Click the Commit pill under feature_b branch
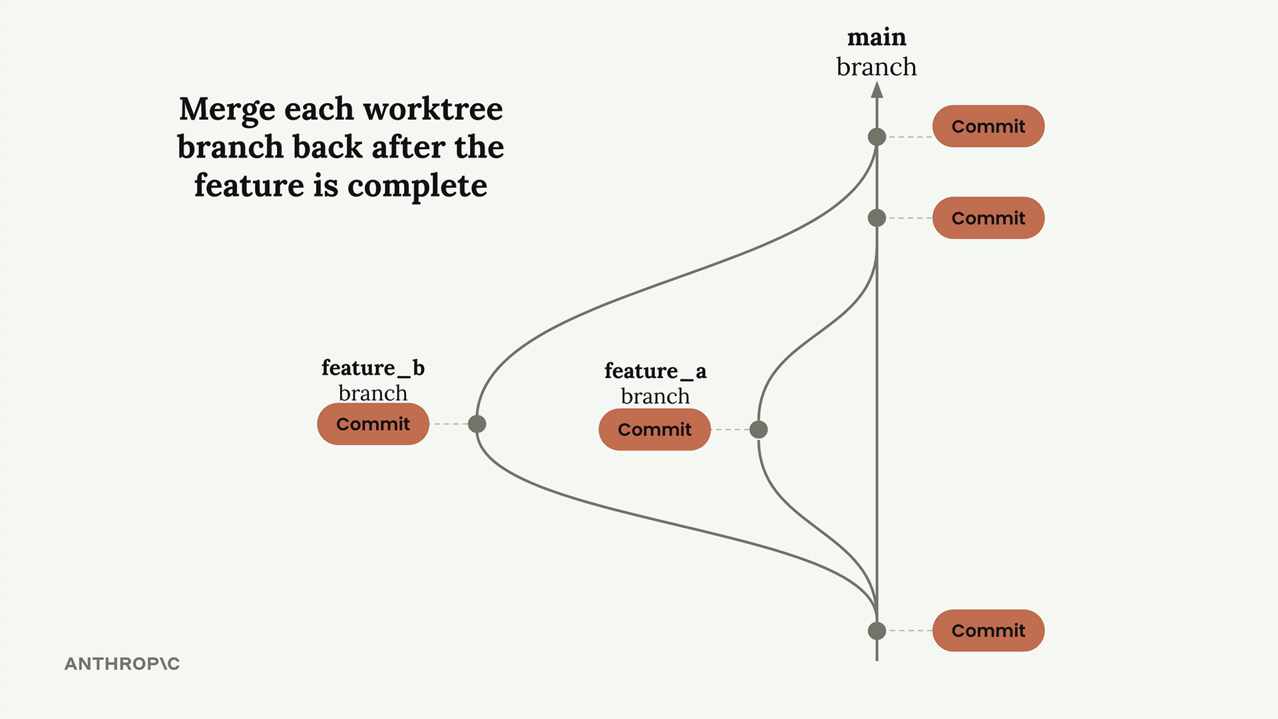(x=373, y=424)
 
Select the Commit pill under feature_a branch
(x=655, y=429)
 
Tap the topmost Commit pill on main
(x=988, y=126)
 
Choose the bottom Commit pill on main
(x=988, y=630)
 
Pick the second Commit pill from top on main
(x=988, y=218)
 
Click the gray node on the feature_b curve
(x=477, y=424)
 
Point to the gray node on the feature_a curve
(x=759, y=429)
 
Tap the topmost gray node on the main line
(x=877, y=137)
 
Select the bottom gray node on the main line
(x=877, y=630)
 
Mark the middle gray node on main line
(x=877, y=218)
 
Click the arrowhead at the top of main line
(x=877, y=89)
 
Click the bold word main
(x=877, y=37)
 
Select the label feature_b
(x=373, y=368)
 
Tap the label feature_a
(x=656, y=371)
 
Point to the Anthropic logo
(x=122, y=664)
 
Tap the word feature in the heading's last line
(x=249, y=185)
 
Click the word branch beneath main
(x=877, y=67)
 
